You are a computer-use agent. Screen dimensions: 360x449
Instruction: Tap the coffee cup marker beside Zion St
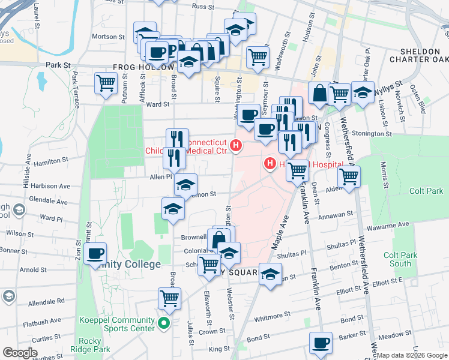click(x=94, y=254)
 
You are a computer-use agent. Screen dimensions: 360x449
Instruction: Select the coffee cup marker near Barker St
click(x=321, y=343)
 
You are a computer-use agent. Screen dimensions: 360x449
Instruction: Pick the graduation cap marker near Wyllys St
click(x=363, y=92)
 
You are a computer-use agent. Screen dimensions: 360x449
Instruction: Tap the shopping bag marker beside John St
click(x=319, y=93)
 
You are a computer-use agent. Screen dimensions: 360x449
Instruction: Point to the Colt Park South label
click(x=400, y=259)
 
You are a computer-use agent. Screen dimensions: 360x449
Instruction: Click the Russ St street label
click(x=203, y=7)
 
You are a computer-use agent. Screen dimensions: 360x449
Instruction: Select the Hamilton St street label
click(x=51, y=161)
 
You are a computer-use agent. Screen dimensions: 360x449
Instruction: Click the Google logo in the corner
click(x=20, y=353)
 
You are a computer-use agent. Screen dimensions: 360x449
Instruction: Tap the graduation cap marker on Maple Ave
click(x=270, y=274)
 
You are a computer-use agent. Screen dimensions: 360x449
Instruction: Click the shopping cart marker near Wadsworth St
click(x=258, y=58)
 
